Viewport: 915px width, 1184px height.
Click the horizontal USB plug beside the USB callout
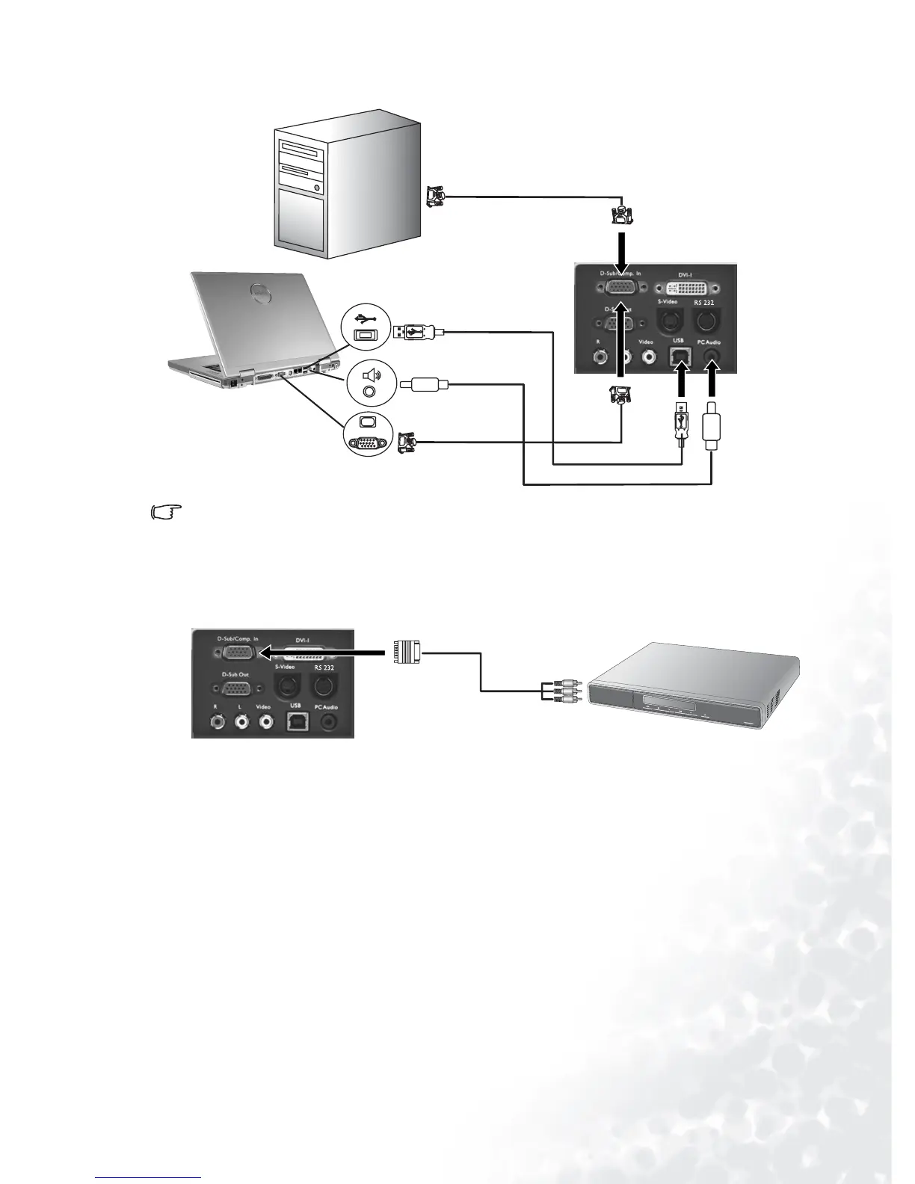point(419,332)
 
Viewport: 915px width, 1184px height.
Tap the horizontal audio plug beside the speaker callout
point(424,385)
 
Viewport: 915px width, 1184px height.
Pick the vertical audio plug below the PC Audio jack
point(712,430)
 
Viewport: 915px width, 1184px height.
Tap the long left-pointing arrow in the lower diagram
point(321,653)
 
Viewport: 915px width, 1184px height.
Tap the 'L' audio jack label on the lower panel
point(241,706)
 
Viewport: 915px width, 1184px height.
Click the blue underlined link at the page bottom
point(149,1179)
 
